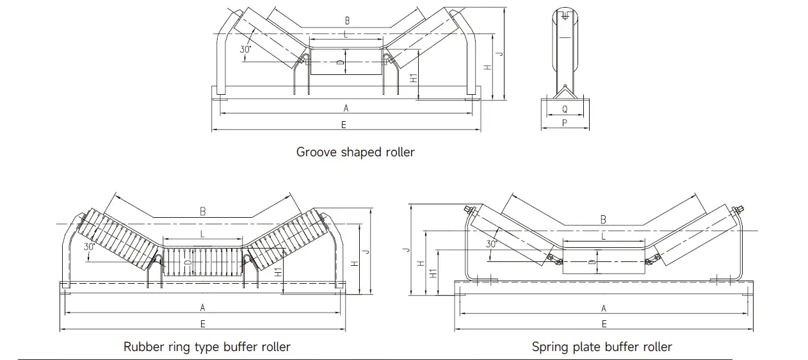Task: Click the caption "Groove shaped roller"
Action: [x=355, y=152]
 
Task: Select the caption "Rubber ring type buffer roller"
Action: [x=207, y=347]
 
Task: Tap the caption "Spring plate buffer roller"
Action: [x=602, y=347]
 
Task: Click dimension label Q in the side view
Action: [x=565, y=110]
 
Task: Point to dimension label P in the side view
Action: [x=565, y=123]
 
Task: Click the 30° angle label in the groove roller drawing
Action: [x=246, y=49]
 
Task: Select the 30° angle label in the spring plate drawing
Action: [x=491, y=244]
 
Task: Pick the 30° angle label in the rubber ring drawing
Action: [x=88, y=247]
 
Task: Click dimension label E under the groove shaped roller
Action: [x=344, y=125]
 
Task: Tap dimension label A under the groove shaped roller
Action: [x=346, y=108]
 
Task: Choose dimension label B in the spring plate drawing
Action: [x=603, y=220]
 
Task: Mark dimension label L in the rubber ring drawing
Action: [x=202, y=234]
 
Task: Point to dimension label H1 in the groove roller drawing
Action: [x=414, y=78]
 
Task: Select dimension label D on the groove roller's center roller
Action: [x=339, y=63]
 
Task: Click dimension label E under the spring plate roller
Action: [x=603, y=325]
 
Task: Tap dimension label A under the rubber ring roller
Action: [x=202, y=307]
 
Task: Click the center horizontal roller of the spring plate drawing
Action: [x=603, y=263]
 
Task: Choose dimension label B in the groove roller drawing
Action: [x=346, y=21]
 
